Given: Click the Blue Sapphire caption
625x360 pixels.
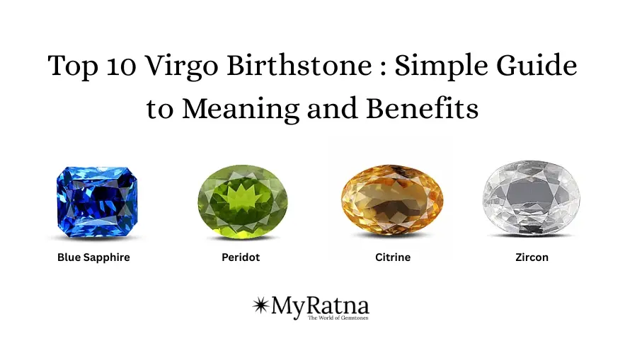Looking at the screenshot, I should click(93, 257).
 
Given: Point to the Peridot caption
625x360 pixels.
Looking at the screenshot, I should click(241, 257).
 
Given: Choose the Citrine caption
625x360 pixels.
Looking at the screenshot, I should click(393, 257).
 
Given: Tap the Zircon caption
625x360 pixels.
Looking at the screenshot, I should click(532, 257).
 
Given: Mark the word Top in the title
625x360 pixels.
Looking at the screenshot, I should click(76, 68).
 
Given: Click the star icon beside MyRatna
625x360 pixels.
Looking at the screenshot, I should click(260, 306).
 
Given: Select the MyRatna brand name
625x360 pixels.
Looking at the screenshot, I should click(319, 306).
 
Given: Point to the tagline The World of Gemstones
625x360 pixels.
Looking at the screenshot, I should click(338, 318).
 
